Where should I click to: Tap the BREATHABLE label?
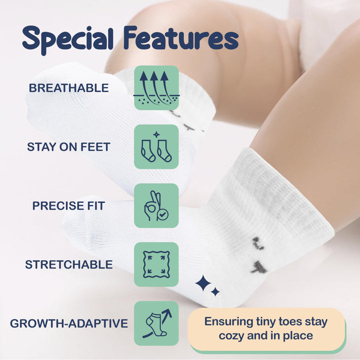[68, 88]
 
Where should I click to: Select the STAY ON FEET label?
[68, 147]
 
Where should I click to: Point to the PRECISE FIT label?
[68, 205]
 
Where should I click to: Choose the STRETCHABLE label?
[68, 264]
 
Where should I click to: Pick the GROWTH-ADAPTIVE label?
[68, 323]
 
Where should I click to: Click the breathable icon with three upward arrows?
[156, 88]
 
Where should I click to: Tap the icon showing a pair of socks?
[156, 147]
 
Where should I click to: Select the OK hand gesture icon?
[156, 205]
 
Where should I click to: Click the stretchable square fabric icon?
[156, 264]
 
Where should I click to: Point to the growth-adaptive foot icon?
[156, 323]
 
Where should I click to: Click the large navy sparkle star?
[203, 283]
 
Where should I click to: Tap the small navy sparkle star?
[215, 291]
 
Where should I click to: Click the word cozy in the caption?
[235, 335]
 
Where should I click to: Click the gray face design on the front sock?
[259, 255]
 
